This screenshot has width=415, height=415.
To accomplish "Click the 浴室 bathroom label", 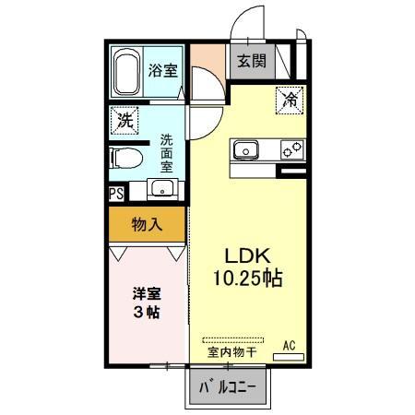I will (164, 70).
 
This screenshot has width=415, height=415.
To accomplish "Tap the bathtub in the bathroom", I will (126, 74).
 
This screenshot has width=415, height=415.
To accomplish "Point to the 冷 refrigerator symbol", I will (289, 95).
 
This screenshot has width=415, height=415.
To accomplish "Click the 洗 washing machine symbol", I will (124, 119).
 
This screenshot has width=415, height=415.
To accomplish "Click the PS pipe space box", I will (116, 194).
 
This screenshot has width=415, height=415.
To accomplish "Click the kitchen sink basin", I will (246, 150).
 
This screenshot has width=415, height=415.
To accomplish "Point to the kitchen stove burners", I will (291, 149).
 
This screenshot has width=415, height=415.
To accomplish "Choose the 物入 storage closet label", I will (146, 224).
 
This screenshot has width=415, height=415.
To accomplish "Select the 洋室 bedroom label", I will (145, 293).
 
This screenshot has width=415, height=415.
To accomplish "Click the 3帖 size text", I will (145, 313).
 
